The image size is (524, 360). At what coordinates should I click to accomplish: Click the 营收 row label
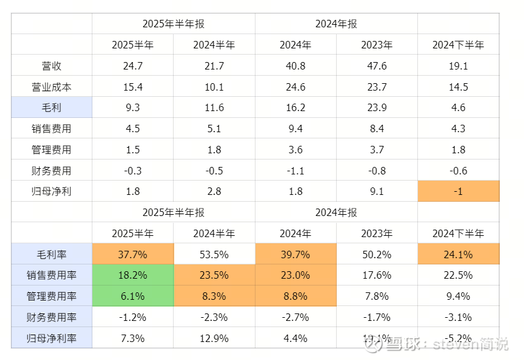[x=51, y=66]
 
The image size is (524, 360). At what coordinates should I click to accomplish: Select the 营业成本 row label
[x=51, y=87]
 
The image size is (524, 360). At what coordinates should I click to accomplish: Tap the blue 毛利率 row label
[x=51, y=254]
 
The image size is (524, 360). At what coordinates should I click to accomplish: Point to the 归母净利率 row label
[x=51, y=338]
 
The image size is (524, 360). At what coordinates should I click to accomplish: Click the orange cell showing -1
[x=458, y=191]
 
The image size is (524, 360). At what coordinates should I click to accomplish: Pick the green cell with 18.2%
[x=133, y=275]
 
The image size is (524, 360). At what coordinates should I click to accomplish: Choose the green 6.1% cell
[x=133, y=296]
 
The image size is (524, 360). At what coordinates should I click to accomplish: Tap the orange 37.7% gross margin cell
[x=133, y=254]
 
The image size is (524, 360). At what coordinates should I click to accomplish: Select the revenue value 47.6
[x=377, y=66]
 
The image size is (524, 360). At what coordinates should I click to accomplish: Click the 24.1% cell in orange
[x=458, y=254]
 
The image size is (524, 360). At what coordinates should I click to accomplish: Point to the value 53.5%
[x=214, y=254]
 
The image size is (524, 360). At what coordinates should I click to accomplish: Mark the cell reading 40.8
[x=295, y=66]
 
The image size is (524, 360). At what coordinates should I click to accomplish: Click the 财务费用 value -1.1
[x=295, y=171]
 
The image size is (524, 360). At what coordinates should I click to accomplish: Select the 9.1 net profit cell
[x=377, y=191]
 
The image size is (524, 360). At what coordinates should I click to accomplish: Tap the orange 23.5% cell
[x=214, y=275]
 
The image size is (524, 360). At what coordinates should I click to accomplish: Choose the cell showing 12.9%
[x=214, y=338]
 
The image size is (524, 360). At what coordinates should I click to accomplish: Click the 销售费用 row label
[x=51, y=129]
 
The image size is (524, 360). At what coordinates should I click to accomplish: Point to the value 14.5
[x=458, y=87]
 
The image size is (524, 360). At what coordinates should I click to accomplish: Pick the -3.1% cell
[x=458, y=317]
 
